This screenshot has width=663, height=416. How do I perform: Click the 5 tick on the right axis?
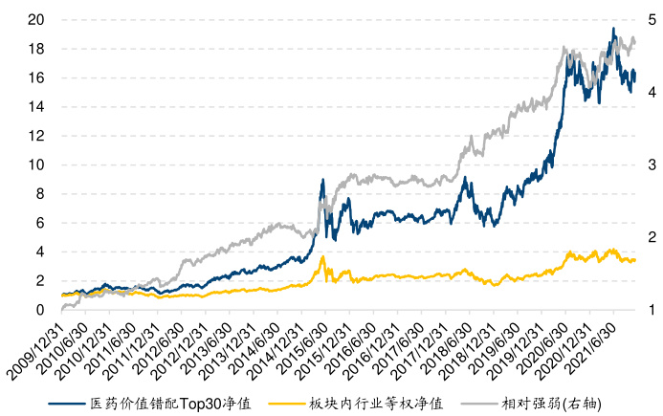(652, 19)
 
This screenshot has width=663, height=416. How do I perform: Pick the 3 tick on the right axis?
(652, 164)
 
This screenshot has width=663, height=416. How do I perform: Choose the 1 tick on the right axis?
(652, 310)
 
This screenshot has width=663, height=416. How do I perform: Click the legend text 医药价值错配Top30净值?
(167, 405)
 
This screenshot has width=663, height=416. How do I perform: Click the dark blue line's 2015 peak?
(323, 180)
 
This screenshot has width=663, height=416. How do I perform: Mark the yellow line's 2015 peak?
(323, 256)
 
